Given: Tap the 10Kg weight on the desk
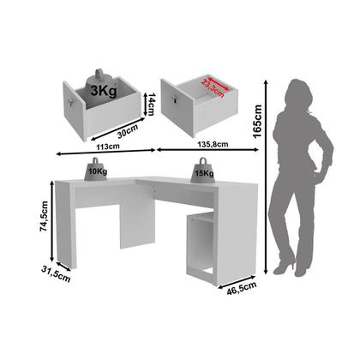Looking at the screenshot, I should tap(94, 168).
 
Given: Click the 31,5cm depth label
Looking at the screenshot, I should tap(36, 276).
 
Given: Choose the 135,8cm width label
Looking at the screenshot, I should tap(217, 147).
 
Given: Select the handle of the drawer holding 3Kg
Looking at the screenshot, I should tap(67, 100).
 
